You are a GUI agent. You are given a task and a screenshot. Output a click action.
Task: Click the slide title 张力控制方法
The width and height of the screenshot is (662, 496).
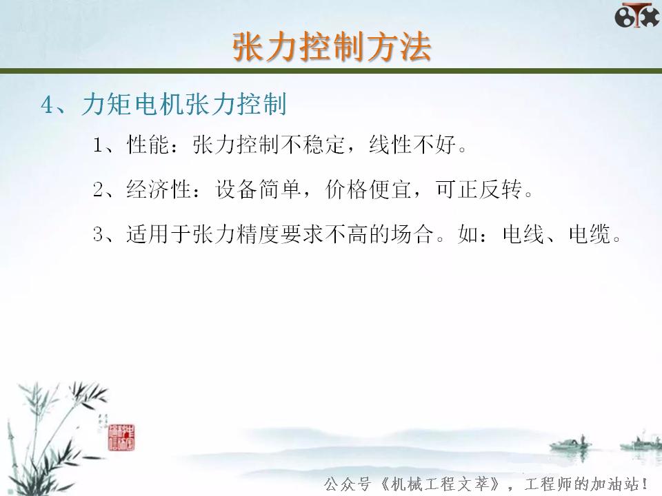[x=331, y=47]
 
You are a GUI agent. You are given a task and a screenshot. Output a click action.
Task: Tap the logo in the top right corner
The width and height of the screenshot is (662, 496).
[x=636, y=15]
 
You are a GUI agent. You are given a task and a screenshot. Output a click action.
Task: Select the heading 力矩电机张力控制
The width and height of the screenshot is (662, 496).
[x=183, y=105]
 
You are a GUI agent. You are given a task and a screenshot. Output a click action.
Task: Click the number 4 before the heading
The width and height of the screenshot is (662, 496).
[x=47, y=105]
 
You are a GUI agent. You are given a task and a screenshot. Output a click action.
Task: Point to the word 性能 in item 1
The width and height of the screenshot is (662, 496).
[x=143, y=145]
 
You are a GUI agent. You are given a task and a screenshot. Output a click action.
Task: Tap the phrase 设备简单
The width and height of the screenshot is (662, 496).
[x=259, y=189]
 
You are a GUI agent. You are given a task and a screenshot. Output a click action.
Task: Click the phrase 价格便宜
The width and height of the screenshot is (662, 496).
[x=369, y=189]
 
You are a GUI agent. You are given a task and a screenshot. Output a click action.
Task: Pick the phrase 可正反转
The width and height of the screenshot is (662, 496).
[x=479, y=189]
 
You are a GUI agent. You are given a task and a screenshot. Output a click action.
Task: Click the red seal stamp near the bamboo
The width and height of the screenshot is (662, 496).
[x=124, y=433]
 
